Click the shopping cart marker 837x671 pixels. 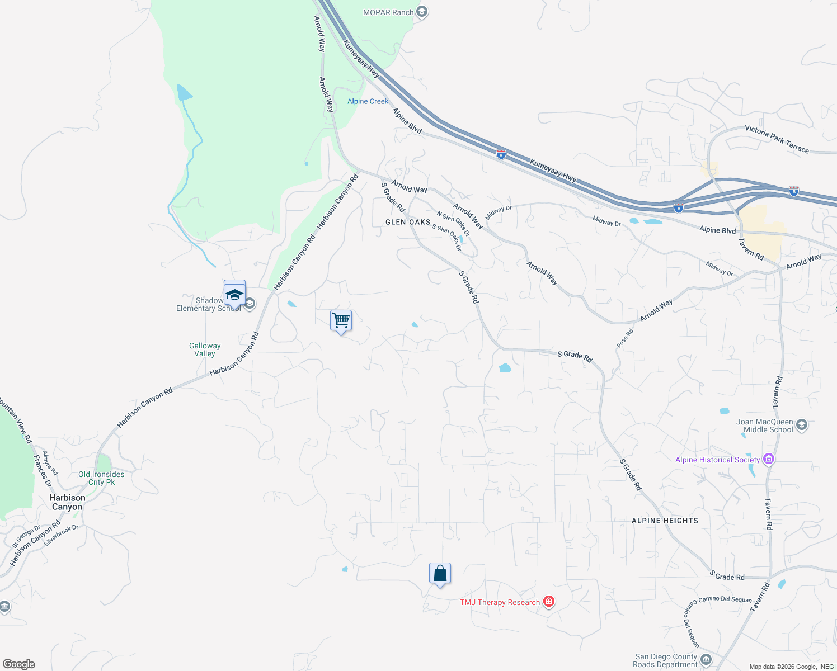click(x=341, y=321)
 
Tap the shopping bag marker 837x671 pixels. click(x=440, y=573)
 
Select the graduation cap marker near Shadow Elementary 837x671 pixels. click(x=234, y=293)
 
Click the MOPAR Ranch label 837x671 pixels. click(x=388, y=12)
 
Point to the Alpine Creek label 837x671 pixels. click(x=368, y=101)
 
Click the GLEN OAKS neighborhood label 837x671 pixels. click(x=408, y=222)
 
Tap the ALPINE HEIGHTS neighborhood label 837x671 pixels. click(x=665, y=521)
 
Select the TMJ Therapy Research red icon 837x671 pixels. click(x=549, y=602)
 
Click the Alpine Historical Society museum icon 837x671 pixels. click(x=769, y=460)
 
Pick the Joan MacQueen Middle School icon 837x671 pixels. click(x=801, y=426)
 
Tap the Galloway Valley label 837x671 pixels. click(x=205, y=349)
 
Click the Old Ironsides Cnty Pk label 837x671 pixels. click(x=101, y=478)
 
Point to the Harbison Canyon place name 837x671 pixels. click(x=67, y=502)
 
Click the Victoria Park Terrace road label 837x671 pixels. click(x=777, y=139)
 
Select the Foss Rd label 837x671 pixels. click(x=625, y=338)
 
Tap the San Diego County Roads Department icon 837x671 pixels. click(x=706, y=660)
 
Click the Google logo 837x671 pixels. click(x=19, y=664)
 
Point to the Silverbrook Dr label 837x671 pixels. click(x=61, y=535)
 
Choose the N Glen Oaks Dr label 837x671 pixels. click(x=453, y=224)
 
